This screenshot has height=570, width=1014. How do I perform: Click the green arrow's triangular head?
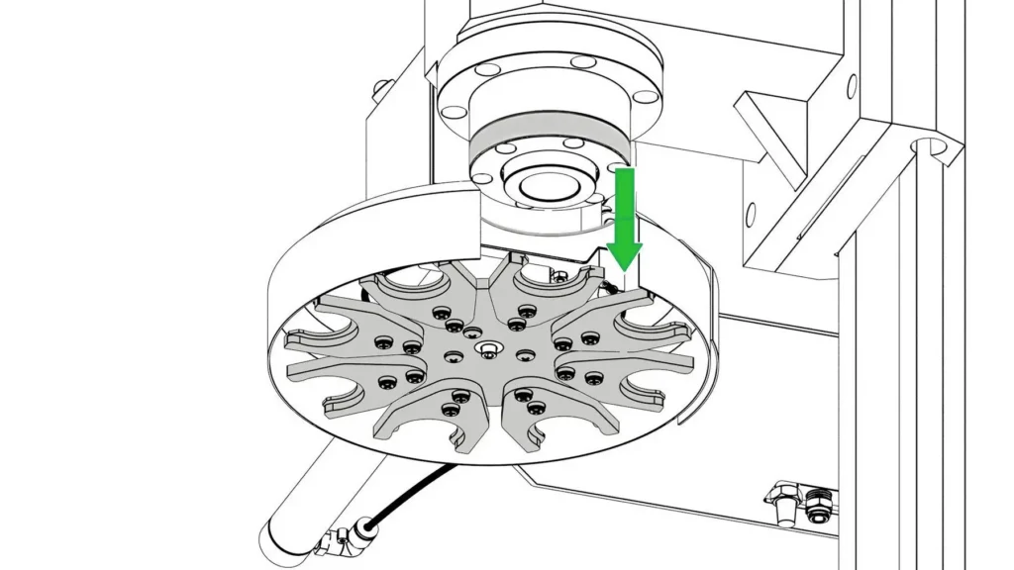(x=625, y=254)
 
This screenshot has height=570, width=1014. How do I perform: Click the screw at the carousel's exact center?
(x=487, y=348)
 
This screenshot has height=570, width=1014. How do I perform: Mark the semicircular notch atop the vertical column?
(x=926, y=148)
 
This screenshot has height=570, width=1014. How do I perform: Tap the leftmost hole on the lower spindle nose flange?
(x=483, y=179)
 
